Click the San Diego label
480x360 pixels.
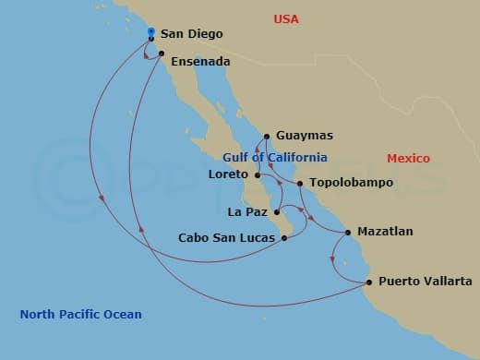tap(191, 34)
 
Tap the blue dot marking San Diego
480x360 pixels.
tap(150, 32)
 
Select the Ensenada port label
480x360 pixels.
tap(200, 62)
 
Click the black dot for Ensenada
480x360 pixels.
tap(162, 54)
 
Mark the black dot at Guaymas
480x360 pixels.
tap(266, 136)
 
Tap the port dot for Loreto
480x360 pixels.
tap(258, 174)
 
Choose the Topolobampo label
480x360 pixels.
tap(351, 183)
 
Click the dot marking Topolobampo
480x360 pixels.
tap(301, 183)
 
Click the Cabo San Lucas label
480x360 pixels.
tap(226, 238)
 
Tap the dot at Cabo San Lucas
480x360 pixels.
tap(283, 238)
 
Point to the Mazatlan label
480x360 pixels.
tap(385, 232)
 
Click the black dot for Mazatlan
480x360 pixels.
tap(348, 232)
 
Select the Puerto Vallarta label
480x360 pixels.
tap(426, 282)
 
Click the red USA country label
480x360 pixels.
tap(289, 18)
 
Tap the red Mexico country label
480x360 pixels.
tap(408, 159)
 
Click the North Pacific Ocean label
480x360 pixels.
tap(81, 315)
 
